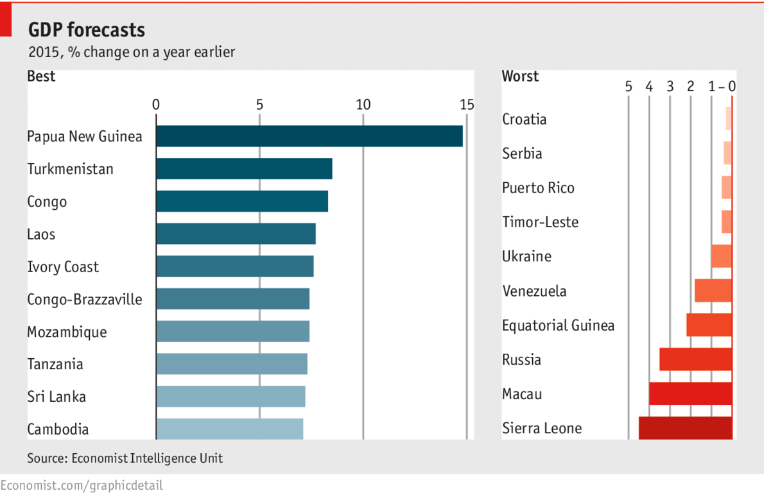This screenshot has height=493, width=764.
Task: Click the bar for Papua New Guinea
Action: click(309, 136)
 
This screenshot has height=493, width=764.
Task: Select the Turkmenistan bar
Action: click(244, 169)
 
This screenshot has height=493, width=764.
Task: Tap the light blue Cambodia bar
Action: click(229, 429)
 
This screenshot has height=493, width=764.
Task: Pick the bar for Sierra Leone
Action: click(685, 428)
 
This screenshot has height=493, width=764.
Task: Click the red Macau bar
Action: click(690, 394)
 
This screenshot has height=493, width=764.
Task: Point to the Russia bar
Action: click(695, 359)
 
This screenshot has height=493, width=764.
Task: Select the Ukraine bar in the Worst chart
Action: click(721, 256)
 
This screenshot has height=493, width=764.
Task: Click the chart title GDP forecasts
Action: click(87, 30)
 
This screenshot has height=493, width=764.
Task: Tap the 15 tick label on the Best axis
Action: click(466, 105)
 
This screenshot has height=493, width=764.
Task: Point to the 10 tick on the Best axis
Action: click(363, 105)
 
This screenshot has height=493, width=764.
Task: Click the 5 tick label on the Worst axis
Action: click(629, 86)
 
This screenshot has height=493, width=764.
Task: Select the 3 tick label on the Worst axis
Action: click(670, 86)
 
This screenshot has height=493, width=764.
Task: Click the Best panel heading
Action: click(41, 76)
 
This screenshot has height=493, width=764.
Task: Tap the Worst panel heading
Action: click(520, 76)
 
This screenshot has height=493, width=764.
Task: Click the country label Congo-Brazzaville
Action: click(85, 299)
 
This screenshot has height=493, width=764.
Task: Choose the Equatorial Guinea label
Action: click(558, 325)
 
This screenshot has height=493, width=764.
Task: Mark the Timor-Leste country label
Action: click(540, 222)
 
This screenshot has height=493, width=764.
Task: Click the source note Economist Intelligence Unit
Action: click(125, 458)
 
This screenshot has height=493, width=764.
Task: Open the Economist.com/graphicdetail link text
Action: click(82, 485)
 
